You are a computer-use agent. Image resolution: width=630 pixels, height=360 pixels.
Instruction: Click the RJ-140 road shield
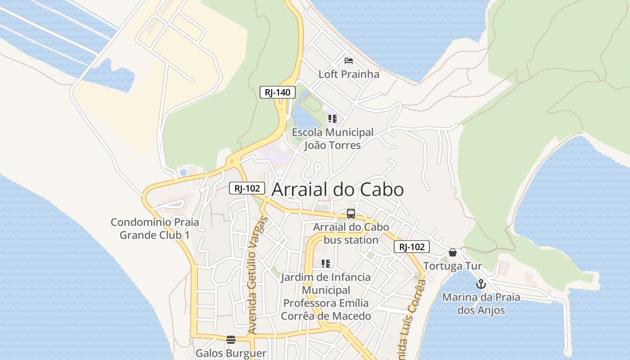point(278,92)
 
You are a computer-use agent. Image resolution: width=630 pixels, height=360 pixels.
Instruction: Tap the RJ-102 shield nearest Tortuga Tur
point(412,247)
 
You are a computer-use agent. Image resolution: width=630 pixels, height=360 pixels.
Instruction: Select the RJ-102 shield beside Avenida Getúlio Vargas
point(247,188)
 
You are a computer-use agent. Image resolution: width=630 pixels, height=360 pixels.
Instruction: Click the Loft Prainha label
point(349,74)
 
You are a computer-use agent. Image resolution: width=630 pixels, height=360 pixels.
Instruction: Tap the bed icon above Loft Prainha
point(349,60)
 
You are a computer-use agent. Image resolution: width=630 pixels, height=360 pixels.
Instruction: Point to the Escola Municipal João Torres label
point(333,139)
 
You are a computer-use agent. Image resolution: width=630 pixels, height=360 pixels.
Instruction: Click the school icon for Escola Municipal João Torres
point(332,119)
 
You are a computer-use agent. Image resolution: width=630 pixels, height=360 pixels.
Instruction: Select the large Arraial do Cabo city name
point(337,189)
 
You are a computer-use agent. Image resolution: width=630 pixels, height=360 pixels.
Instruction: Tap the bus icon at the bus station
point(351,214)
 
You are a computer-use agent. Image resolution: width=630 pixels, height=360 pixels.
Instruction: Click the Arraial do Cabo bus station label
point(351,233)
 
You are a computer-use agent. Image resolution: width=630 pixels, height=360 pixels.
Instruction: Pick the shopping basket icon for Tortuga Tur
point(453,252)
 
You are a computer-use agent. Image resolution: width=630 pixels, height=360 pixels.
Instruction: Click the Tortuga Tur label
point(453,266)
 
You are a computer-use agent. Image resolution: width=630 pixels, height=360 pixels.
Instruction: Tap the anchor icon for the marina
point(481,284)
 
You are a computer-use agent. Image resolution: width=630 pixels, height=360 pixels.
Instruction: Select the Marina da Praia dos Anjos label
point(481,303)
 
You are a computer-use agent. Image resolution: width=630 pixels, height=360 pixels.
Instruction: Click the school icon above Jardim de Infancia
point(326,263)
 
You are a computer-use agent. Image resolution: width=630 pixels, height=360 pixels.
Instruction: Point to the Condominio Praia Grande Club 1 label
point(155,229)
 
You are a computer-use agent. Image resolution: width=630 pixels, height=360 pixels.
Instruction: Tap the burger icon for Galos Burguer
point(231,339)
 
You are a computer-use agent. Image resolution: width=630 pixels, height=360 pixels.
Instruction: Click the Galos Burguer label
point(231,353)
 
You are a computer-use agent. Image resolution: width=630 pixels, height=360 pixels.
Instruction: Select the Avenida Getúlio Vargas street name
point(257,275)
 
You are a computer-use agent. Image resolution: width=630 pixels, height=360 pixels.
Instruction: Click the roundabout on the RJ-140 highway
point(232,161)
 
